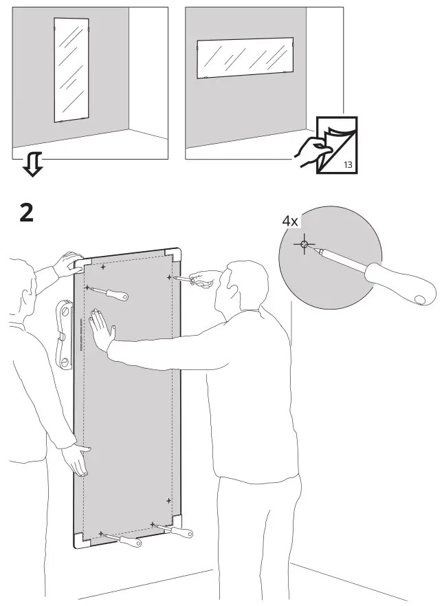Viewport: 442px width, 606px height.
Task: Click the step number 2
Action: (25, 213)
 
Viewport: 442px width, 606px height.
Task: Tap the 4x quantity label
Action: (289, 221)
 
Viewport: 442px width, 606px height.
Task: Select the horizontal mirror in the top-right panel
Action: (244, 58)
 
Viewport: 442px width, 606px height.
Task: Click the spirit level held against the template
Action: (64, 332)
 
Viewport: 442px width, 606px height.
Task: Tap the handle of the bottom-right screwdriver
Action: (182, 531)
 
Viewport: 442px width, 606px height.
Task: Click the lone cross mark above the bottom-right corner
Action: (168, 500)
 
